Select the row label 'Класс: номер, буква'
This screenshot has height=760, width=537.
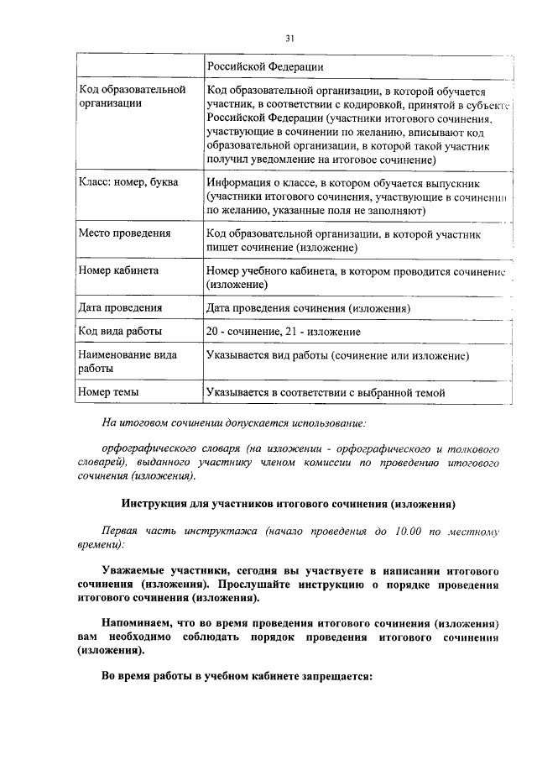click(128, 182)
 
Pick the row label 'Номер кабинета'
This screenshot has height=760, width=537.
click(118, 270)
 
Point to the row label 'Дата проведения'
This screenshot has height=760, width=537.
click(120, 308)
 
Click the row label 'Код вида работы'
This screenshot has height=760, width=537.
click(120, 332)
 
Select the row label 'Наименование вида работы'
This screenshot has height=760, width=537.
click(128, 362)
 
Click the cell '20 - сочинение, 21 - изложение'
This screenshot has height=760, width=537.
click(284, 332)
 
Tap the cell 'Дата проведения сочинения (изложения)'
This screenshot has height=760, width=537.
click(308, 308)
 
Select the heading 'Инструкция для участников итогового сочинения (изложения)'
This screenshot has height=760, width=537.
click(288, 504)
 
